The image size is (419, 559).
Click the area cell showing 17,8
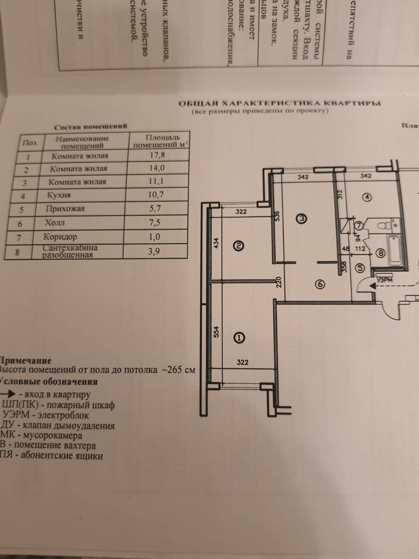click(x=156, y=155)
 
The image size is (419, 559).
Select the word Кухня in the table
click(x=60, y=195)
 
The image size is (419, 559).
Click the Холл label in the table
click(x=55, y=223)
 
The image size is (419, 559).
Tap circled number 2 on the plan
click(x=239, y=246)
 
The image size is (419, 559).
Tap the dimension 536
click(x=276, y=217)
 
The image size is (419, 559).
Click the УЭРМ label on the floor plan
click(x=384, y=280)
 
